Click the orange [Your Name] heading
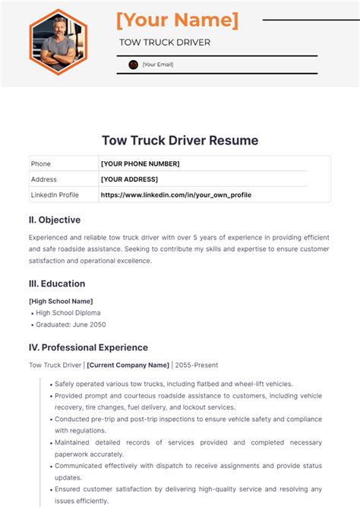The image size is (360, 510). (176, 20)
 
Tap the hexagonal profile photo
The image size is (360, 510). (58, 43)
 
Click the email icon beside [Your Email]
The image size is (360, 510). (134, 65)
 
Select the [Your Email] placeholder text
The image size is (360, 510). (158, 65)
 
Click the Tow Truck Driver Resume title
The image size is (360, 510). (180, 141)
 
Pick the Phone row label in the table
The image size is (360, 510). (40, 163)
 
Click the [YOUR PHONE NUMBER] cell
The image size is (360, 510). (140, 163)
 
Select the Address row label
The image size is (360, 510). (44, 179)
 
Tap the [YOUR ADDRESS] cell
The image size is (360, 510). (129, 179)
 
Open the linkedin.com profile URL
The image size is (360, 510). (175, 195)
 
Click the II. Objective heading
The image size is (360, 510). (54, 220)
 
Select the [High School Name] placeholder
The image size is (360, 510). (61, 301)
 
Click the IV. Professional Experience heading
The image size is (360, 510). (88, 347)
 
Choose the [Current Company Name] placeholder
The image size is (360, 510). (128, 366)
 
